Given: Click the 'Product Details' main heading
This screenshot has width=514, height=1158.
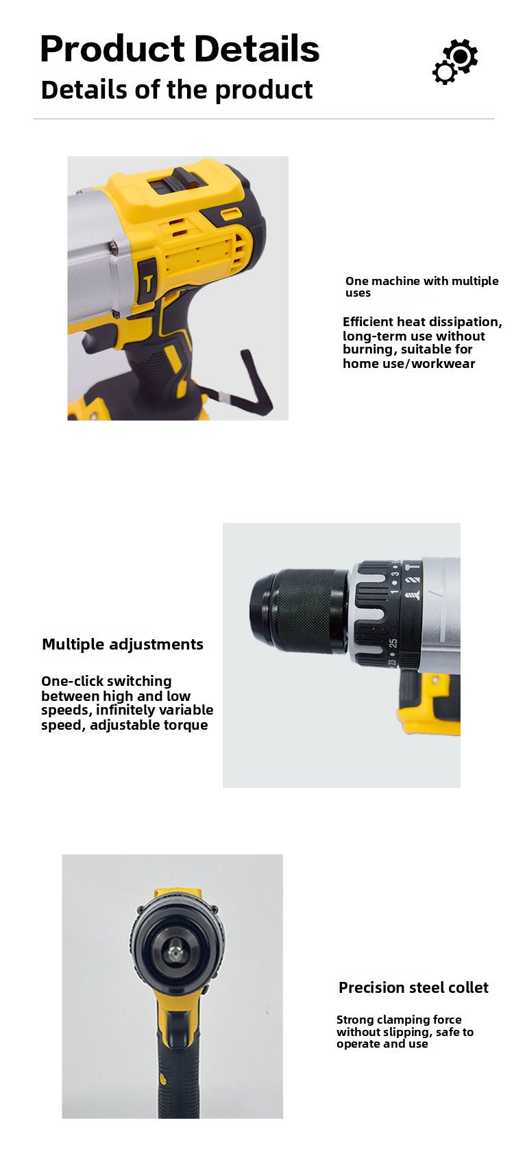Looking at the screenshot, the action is (x=180, y=49).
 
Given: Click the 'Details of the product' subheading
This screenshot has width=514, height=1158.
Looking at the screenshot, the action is (x=176, y=90).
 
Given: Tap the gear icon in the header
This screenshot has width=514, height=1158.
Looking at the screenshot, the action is (x=455, y=62).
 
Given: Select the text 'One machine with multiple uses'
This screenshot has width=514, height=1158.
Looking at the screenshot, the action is (x=422, y=286).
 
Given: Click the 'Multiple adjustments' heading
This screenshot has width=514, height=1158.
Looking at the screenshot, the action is (x=123, y=644).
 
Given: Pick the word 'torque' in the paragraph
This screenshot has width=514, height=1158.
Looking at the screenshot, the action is (x=186, y=725).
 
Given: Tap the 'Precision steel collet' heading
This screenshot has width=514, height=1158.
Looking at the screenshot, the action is (x=413, y=987).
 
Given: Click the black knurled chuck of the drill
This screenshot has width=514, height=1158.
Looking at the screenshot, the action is (x=299, y=611).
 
